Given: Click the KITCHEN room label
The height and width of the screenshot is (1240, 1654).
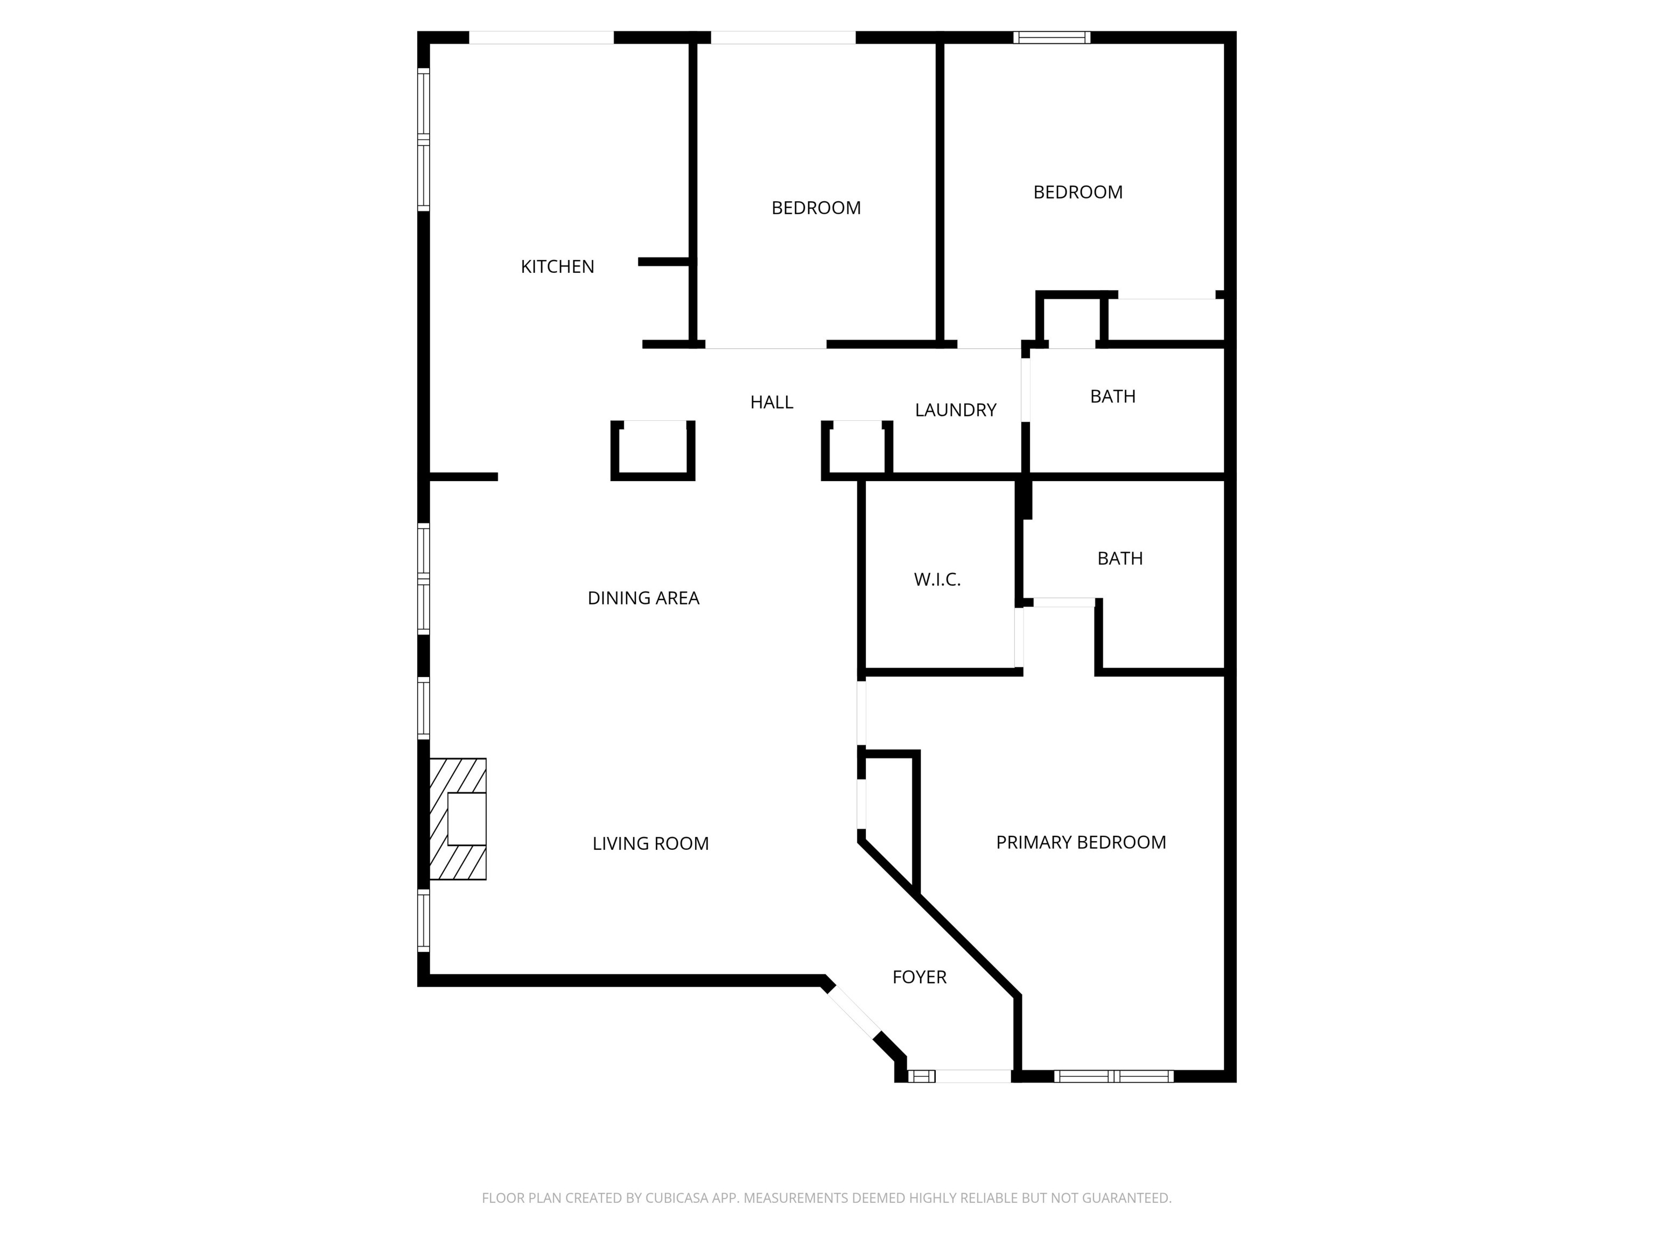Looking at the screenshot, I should point(557,267).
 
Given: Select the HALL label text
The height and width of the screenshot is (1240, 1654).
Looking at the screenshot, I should point(771,402).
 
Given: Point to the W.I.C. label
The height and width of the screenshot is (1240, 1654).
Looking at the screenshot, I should point(936,579).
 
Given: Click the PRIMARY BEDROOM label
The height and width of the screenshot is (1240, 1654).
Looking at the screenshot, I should point(1081,842).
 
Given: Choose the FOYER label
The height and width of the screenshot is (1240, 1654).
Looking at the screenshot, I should point(919,977).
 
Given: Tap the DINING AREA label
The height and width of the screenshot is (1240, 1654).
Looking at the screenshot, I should point(643,598).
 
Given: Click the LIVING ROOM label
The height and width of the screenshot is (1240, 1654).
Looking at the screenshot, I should point(650,843).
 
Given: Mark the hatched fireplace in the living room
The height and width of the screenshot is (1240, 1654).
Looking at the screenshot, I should point(458,819).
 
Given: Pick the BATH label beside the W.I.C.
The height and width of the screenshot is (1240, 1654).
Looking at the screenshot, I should point(1119,558).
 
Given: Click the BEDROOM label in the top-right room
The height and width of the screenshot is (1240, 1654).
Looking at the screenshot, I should point(1077,192).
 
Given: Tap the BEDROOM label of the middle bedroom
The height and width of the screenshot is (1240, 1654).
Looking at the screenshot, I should point(816,208).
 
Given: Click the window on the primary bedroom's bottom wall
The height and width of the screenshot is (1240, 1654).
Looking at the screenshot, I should point(1113,1076).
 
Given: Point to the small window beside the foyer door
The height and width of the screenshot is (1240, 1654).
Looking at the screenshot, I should point(921,1076).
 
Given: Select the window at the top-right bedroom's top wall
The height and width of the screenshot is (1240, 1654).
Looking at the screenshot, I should point(1052,37).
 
